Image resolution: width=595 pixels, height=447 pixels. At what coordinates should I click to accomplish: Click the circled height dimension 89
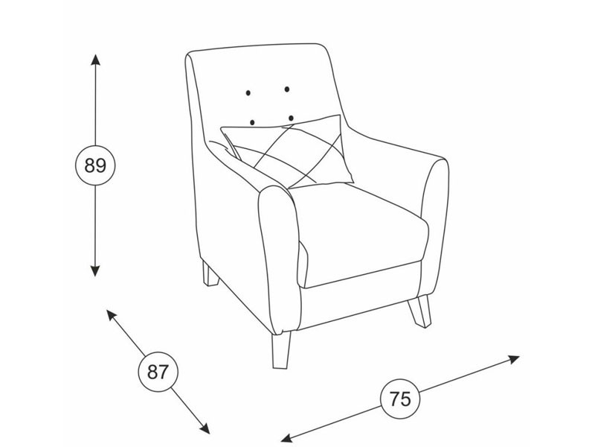[x=95, y=165]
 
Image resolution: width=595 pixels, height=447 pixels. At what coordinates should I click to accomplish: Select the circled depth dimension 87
[x=158, y=372]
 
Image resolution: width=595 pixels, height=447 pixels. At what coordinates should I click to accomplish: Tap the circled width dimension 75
[x=400, y=399]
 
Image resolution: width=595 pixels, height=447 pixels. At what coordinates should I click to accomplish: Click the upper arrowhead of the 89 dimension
[x=95, y=60]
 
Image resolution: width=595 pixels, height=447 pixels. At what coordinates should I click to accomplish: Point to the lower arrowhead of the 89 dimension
[x=95, y=271]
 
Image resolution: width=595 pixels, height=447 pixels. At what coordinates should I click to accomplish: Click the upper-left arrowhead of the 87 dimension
[x=111, y=314]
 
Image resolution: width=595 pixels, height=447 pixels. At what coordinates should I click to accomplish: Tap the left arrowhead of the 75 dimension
[x=286, y=438]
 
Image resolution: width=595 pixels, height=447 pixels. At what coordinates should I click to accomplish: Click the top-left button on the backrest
[x=248, y=92]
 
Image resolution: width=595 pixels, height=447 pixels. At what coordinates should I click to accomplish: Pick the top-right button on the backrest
[x=287, y=89]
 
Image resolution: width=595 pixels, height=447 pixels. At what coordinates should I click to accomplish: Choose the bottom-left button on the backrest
[x=252, y=122]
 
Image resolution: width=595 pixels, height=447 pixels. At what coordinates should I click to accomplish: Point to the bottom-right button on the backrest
[x=291, y=118]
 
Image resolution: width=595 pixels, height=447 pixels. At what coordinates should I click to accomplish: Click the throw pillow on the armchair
[x=289, y=152]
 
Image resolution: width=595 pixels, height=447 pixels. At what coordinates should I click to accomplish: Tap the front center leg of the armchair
[x=281, y=350]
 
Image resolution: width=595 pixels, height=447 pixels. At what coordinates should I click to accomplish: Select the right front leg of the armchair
[x=419, y=311]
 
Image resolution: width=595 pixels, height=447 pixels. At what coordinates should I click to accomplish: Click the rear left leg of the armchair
[x=210, y=273]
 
